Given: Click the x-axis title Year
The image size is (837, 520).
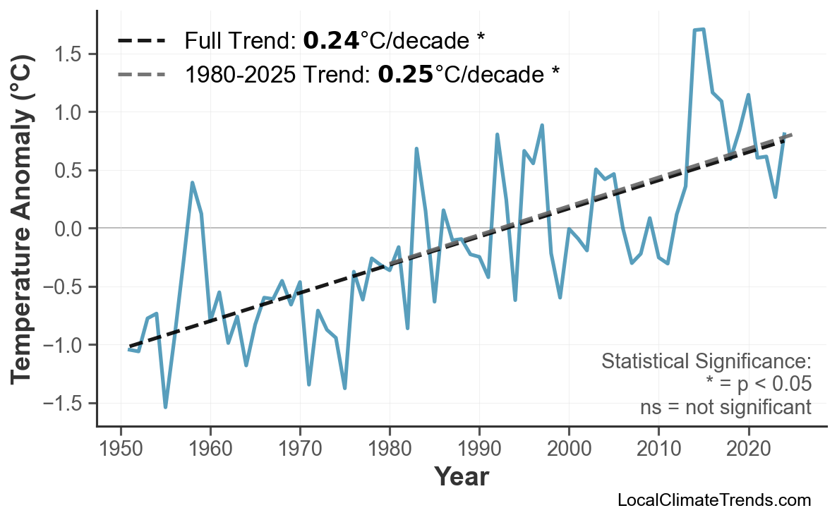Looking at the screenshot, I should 461,477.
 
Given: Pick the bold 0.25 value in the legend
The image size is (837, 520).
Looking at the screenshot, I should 406,73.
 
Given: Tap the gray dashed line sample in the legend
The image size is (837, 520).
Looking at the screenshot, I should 141,73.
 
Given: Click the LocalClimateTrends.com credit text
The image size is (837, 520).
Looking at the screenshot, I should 713,500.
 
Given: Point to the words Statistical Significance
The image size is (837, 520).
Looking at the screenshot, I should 706,362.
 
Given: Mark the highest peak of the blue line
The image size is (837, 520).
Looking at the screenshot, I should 703,30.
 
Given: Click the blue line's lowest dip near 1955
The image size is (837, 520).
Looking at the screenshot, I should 165,407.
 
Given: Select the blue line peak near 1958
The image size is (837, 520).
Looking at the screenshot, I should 192,183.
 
